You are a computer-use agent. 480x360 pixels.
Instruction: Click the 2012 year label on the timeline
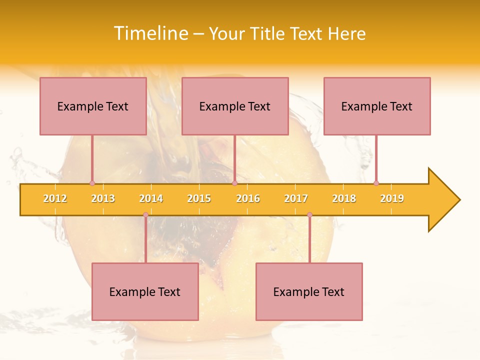pos(55,198)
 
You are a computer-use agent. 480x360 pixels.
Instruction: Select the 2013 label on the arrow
pos(103,198)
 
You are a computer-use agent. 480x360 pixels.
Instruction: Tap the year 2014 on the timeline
pos(151,198)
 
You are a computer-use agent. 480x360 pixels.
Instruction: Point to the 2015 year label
pos(199,198)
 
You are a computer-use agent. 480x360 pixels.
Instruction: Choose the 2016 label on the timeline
pos(248,198)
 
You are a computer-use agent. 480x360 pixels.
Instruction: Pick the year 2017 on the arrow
pos(296,198)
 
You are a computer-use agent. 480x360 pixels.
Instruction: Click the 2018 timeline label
pos(344,198)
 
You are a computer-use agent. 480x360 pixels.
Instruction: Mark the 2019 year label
pos(392,198)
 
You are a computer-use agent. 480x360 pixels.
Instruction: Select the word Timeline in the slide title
pos(149,33)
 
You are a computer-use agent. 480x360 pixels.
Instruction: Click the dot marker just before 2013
pos(92,183)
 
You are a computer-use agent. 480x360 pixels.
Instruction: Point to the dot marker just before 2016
pos(234,183)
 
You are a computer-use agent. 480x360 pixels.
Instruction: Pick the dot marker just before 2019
pos(376,183)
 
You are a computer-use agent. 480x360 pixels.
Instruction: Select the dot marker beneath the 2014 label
pos(145,215)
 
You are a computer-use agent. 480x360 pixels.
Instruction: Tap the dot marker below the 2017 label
pos(309,215)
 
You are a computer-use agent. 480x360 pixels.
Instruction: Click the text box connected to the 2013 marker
pos(93,106)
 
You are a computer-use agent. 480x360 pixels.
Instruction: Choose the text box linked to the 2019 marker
pos(377,106)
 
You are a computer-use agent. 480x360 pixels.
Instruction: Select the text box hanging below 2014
pos(145,291)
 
